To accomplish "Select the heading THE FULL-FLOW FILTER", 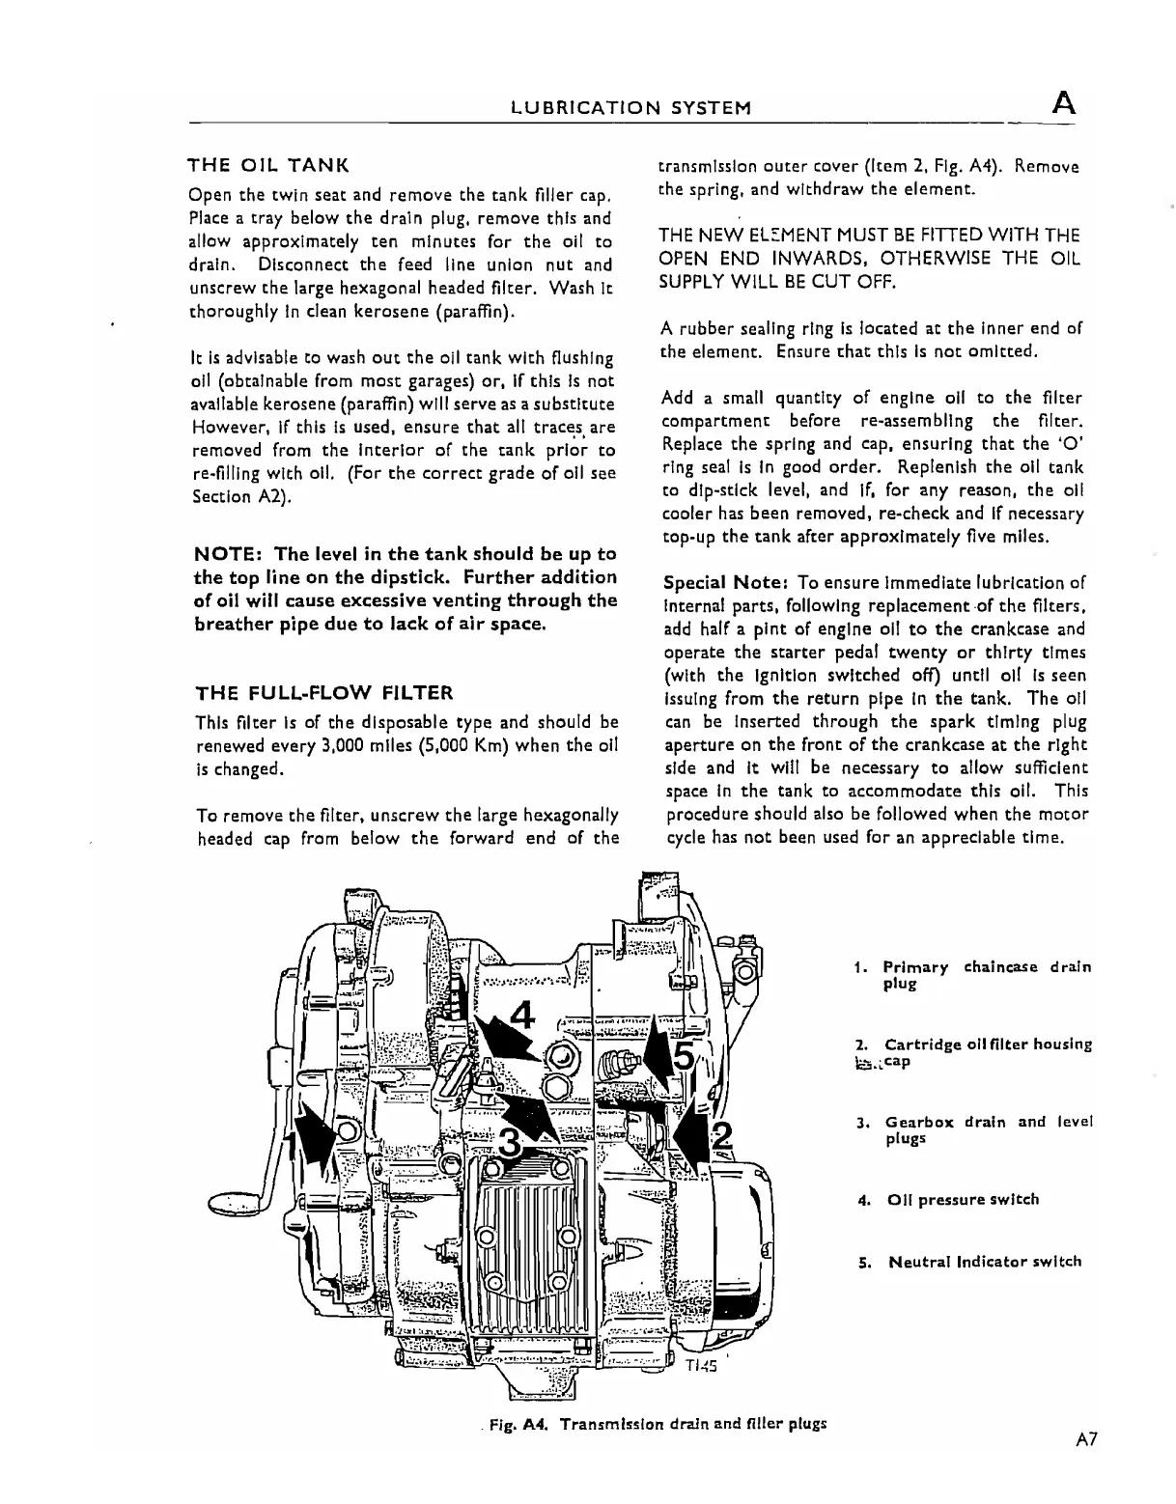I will (x=323, y=692).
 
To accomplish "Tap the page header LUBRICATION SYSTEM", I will (x=630, y=107).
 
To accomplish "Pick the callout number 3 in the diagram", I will (x=509, y=1145).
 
